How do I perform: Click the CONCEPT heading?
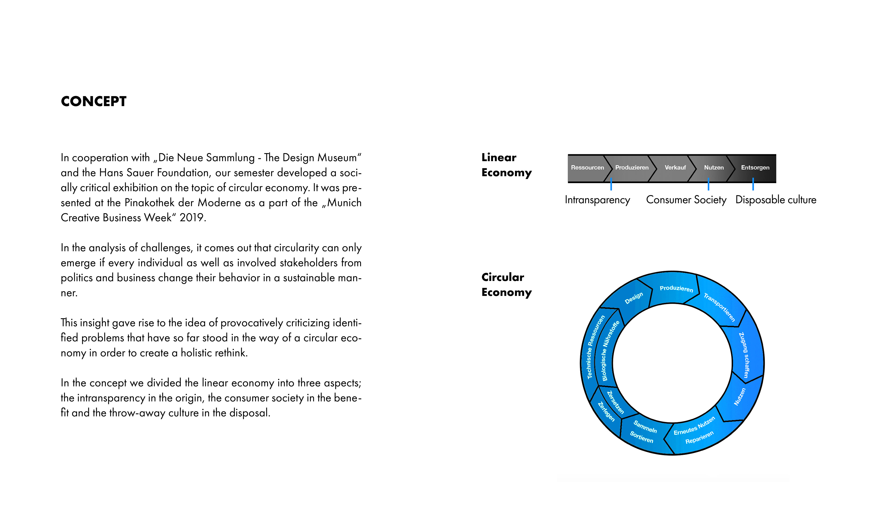(94, 101)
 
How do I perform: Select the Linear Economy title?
(506, 165)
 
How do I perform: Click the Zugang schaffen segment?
(744, 355)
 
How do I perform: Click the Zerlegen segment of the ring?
(606, 411)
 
